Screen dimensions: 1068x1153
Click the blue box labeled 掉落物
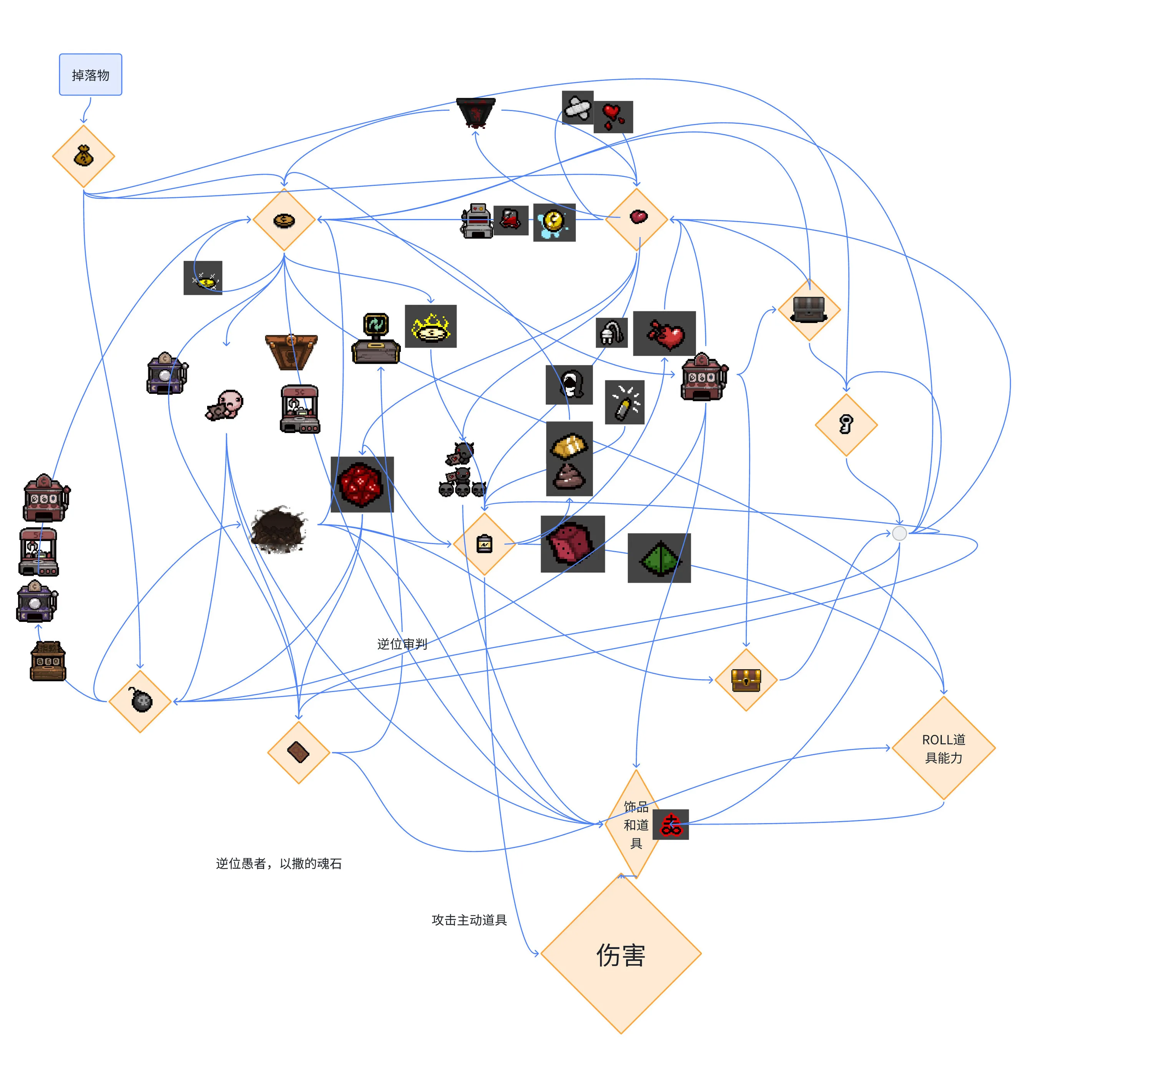point(90,75)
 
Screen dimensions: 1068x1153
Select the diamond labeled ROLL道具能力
point(943,748)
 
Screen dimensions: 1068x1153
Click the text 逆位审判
point(402,644)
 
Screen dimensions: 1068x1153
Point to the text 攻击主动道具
point(469,920)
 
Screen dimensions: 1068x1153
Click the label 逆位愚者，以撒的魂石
point(278,863)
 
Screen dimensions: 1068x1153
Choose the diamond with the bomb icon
point(140,701)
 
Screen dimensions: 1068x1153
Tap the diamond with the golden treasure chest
point(745,680)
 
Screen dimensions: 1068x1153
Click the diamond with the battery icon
point(484,544)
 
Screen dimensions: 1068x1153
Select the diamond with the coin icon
point(284,220)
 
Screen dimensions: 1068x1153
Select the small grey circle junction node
point(899,533)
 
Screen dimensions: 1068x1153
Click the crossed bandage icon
point(577,108)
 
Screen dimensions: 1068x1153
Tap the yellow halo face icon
point(430,327)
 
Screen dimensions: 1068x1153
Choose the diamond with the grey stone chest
point(809,309)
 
